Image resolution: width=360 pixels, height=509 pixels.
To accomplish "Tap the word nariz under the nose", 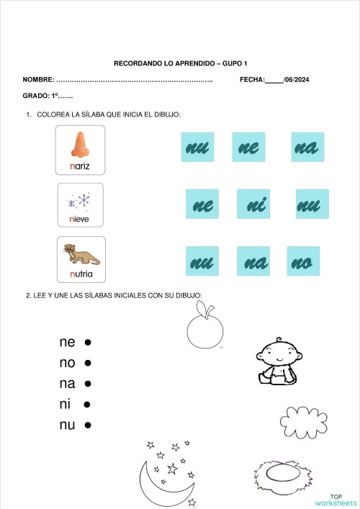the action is [x=80, y=167].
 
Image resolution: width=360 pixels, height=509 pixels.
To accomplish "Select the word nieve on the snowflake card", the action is [x=79, y=219].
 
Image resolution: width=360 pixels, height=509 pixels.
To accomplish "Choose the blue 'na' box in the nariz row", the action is [x=307, y=147].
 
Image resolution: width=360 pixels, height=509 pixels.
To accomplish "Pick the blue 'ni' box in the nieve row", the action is [x=253, y=204].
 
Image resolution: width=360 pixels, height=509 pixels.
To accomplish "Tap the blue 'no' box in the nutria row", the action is [x=302, y=261].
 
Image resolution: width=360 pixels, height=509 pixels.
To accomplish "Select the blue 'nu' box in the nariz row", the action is [x=197, y=147].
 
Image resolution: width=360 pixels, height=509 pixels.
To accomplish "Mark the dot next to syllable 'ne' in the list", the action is [x=86, y=343].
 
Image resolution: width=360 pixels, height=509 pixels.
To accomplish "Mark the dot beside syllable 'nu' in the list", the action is [x=87, y=425].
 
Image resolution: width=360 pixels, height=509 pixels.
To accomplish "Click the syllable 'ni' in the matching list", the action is [x=66, y=405].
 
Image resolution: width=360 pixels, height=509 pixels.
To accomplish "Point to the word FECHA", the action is [x=252, y=79].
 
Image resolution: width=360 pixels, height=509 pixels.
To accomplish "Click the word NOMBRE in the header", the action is [x=37, y=79].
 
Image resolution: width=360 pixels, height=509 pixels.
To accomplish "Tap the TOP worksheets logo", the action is [x=335, y=500].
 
